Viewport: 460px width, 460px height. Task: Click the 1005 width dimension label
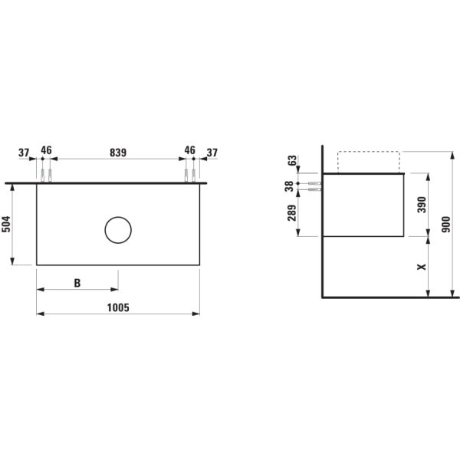pos(118,307)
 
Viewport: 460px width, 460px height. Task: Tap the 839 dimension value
pos(118,153)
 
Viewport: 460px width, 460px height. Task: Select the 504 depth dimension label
pos(6,224)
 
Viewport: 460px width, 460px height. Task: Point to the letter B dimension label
pos(77,283)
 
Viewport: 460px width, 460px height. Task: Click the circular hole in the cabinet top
pos(118,217)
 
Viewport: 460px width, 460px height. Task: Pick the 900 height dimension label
pos(446,225)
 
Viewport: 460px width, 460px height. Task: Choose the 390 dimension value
pos(422,205)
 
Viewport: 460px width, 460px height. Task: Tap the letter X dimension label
pos(422,267)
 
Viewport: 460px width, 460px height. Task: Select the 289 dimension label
pos(291,212)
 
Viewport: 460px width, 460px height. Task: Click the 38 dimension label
pos(289,186)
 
